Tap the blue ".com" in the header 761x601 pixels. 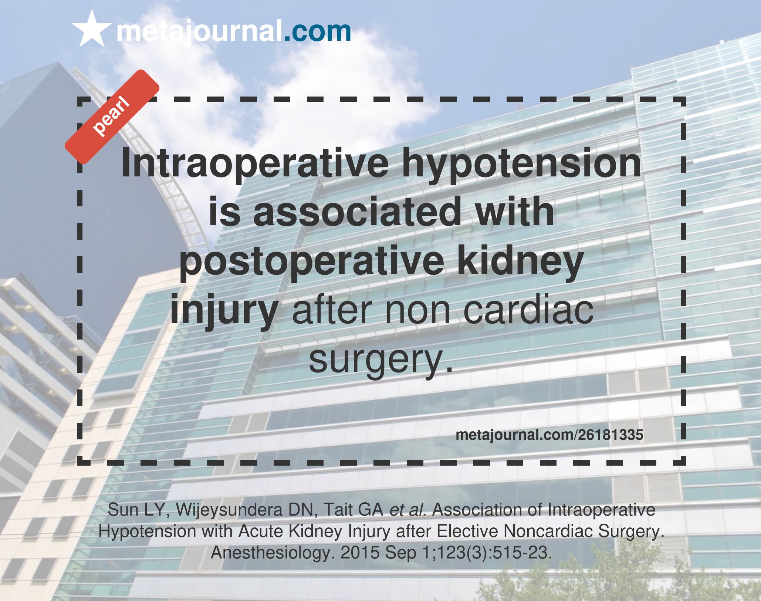tap(317, 32)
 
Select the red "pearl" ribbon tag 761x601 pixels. tap(112, 117)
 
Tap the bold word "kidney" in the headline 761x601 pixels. tap(521, 261)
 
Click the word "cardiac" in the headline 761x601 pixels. tap(528, 310)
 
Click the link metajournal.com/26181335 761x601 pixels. tap(549, 435)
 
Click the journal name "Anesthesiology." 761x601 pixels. tap(273, 553)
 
